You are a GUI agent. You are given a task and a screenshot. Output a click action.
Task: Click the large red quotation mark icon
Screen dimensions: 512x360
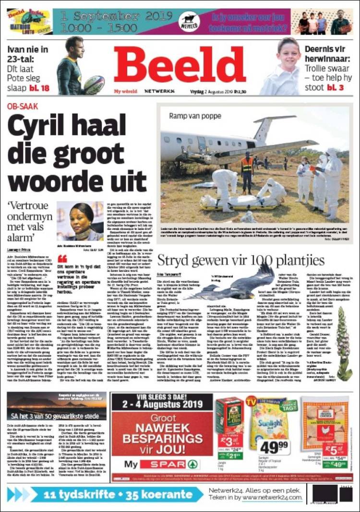coord(63,259)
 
